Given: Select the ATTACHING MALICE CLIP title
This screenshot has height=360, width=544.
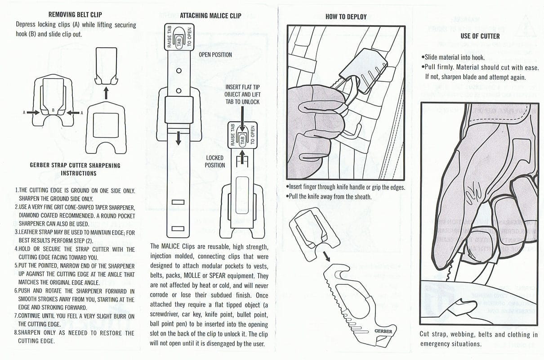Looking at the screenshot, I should click(x=210, y=16).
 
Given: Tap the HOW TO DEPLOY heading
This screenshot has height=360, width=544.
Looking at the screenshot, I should click(x=346, y=17).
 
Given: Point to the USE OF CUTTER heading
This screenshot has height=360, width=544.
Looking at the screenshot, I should click(x=480, y=36).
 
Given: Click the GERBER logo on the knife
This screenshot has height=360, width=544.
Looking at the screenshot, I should click(x=383, y=332).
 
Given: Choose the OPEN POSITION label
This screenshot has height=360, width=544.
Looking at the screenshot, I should click(x=215, y=55).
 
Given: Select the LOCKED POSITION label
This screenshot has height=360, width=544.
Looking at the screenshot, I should click(x=215, y=162).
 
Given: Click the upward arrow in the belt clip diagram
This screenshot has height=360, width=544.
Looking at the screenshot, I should click(x=106, y=92).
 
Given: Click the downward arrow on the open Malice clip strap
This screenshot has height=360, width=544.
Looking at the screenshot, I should click(x=178, y=138).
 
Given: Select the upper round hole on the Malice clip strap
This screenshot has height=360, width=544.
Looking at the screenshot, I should click(x=178, y=71).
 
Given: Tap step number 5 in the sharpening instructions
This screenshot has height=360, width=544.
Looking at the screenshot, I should click(x=17, y=265).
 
